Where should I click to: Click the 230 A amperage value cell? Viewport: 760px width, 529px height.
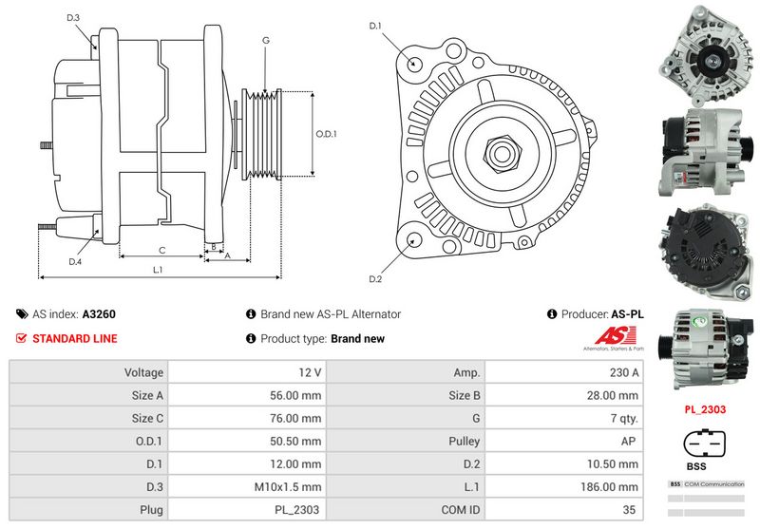tap(625, 373)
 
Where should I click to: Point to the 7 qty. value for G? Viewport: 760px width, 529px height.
tap(624, 419)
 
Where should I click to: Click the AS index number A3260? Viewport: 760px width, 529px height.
tap(99, 313)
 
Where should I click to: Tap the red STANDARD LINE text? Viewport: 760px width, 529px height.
tap(75, 338)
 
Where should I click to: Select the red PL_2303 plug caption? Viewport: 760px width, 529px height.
tap(705, 410)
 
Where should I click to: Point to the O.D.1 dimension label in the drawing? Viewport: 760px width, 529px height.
tap(326, 134)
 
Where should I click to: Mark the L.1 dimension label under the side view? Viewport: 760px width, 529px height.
tap(159, 270)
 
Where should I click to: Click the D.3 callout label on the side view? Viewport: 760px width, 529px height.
tap(73, 18)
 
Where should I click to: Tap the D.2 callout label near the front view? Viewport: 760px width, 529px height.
tap(374, 278)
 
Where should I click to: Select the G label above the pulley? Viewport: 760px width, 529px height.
tap(266, 41)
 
